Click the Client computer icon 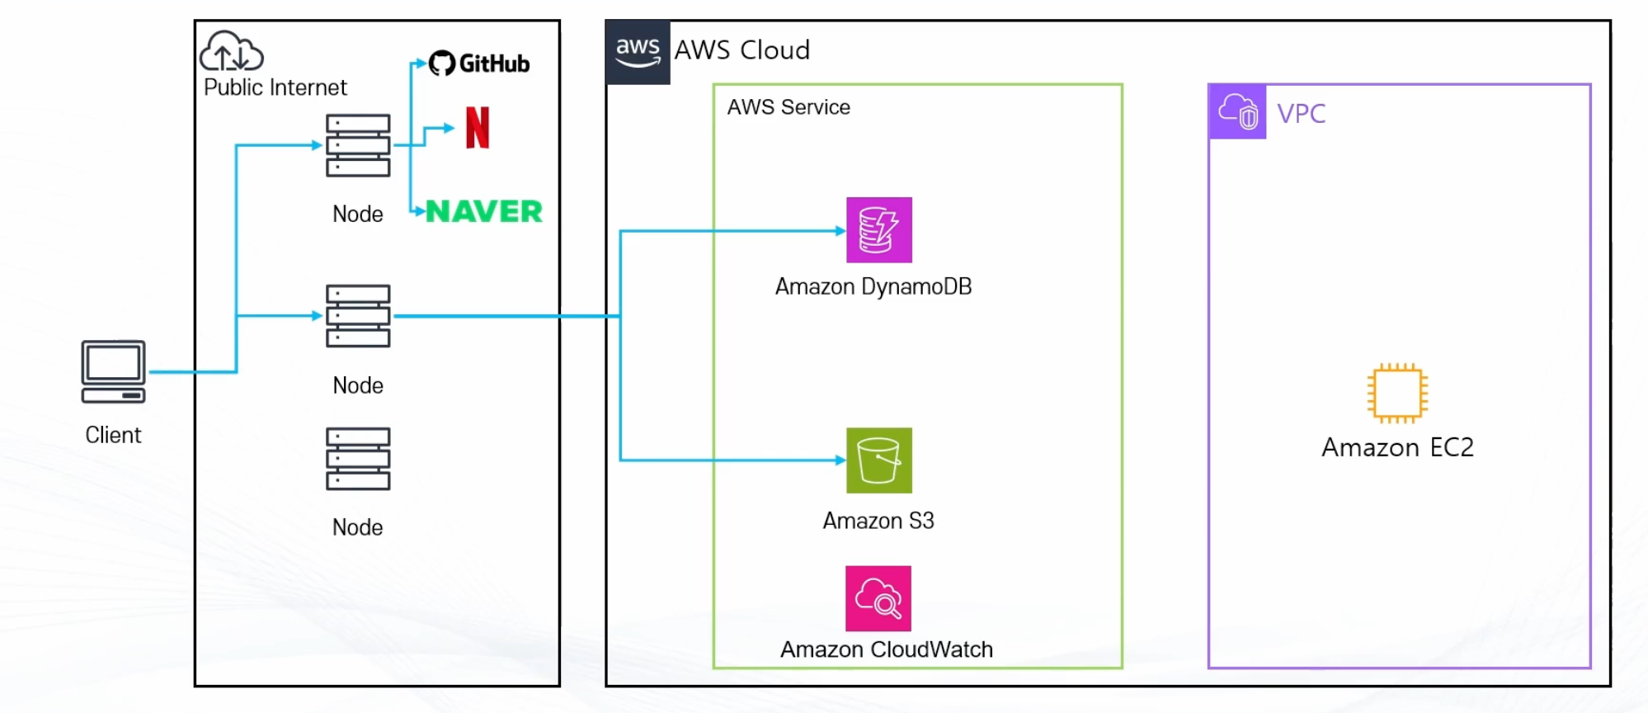coord(113,371)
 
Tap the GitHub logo coord(479,64)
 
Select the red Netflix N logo coord(478,128)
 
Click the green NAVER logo coord(484,212)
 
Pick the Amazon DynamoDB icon coord(878,230)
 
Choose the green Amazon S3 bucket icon coord(878,460)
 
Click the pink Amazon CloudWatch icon coord(878,598)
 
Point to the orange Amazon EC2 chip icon coord(1397,393)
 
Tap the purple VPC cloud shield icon coord(1237,111)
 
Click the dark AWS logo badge coord(638,52)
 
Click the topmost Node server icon coord(358,146)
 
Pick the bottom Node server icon coord(358,459)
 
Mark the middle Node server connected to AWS coord(358,316)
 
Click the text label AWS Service coord(789,107)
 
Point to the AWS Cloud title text coord(742,50)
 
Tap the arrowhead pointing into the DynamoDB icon coord(840,231)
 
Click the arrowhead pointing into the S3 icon coord(840,460)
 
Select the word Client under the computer coord(113,435)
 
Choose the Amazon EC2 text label coord(1397,447)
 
